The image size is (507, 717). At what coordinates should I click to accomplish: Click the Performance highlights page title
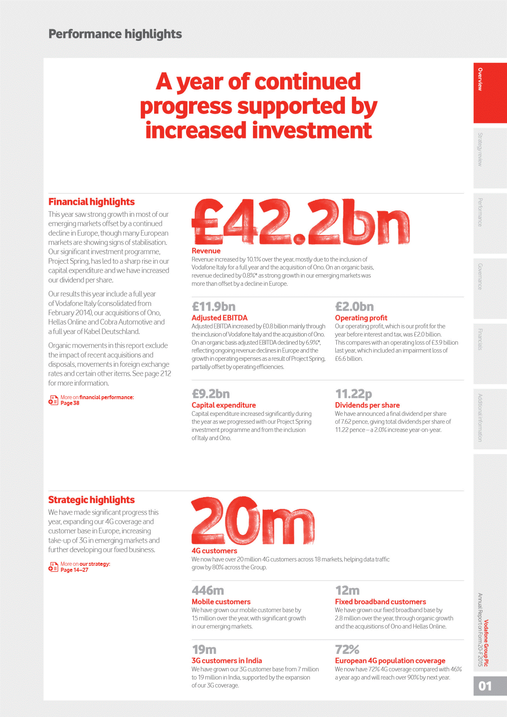115,34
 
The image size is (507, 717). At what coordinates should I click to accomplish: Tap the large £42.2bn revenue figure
300,222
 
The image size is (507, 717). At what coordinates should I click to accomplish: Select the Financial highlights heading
92,202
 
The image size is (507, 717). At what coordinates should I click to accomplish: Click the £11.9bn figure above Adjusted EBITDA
213,307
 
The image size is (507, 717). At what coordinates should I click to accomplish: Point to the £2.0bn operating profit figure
354,307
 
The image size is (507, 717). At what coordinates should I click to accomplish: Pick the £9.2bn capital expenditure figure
211,394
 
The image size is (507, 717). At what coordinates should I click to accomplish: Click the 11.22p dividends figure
353,394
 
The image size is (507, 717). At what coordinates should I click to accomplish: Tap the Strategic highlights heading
92,500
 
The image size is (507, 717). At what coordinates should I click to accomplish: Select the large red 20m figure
253,521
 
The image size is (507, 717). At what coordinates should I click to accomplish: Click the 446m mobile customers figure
208,590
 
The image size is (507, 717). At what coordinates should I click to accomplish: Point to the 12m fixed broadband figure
347,590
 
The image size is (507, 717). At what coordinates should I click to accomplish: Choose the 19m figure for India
204,650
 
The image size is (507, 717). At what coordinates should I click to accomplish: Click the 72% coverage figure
347,650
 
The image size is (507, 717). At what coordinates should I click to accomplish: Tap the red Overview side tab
490,93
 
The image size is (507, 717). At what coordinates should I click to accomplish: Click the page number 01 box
490,686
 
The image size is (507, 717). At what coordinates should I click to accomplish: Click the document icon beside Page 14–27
53,567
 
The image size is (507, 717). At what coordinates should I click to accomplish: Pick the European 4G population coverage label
390,661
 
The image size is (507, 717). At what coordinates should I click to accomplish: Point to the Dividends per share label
367,405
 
